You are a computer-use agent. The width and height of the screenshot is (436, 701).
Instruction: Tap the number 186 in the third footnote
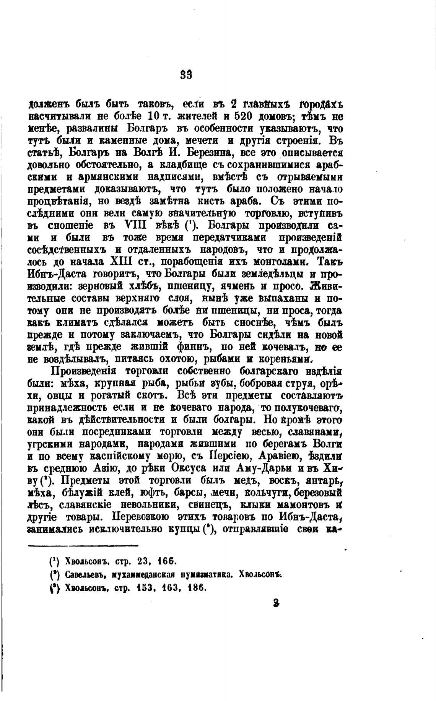coord(197,587)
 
